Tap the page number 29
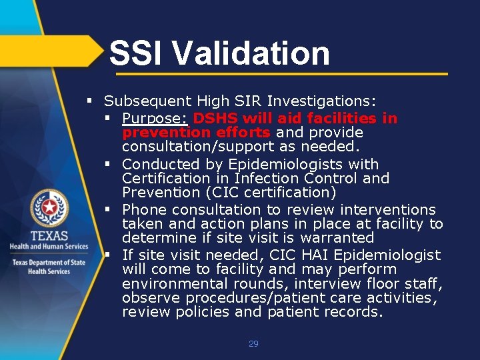253,344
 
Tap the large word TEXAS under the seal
49,237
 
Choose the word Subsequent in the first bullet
147,101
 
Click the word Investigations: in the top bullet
322,101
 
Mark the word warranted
337,237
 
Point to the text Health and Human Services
49,247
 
